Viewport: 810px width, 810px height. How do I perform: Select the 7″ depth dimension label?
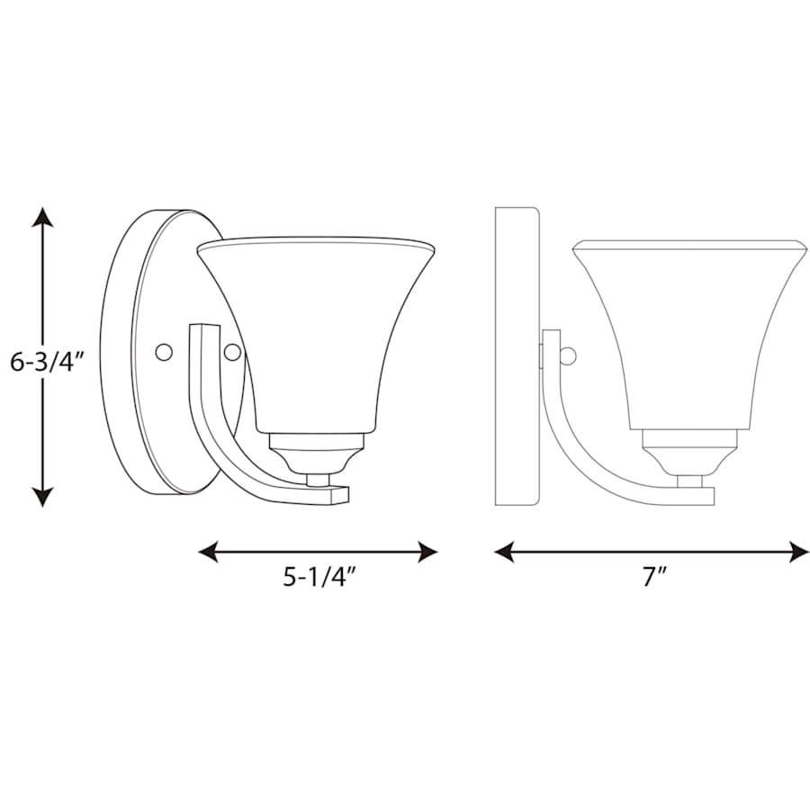[x=652, y=577]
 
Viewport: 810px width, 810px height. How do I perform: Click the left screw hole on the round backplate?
[x=163, y=352]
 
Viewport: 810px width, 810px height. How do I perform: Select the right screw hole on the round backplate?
[x=232, y=352]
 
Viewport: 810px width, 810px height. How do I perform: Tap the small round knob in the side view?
[x=567, y=357]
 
